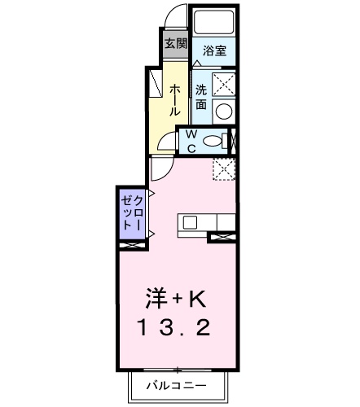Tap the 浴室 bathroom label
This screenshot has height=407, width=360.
pyautogui.click(x=216, y=50)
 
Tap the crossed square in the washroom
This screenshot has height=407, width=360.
pyautogui.click(x=224, y=83)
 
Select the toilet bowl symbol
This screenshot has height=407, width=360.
pyautogui.click(x=213, y=140)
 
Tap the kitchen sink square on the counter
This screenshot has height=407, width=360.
pyautogui.click(x=189, y=221)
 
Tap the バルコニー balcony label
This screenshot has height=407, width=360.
pyautogui.click(x=176, y=385)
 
